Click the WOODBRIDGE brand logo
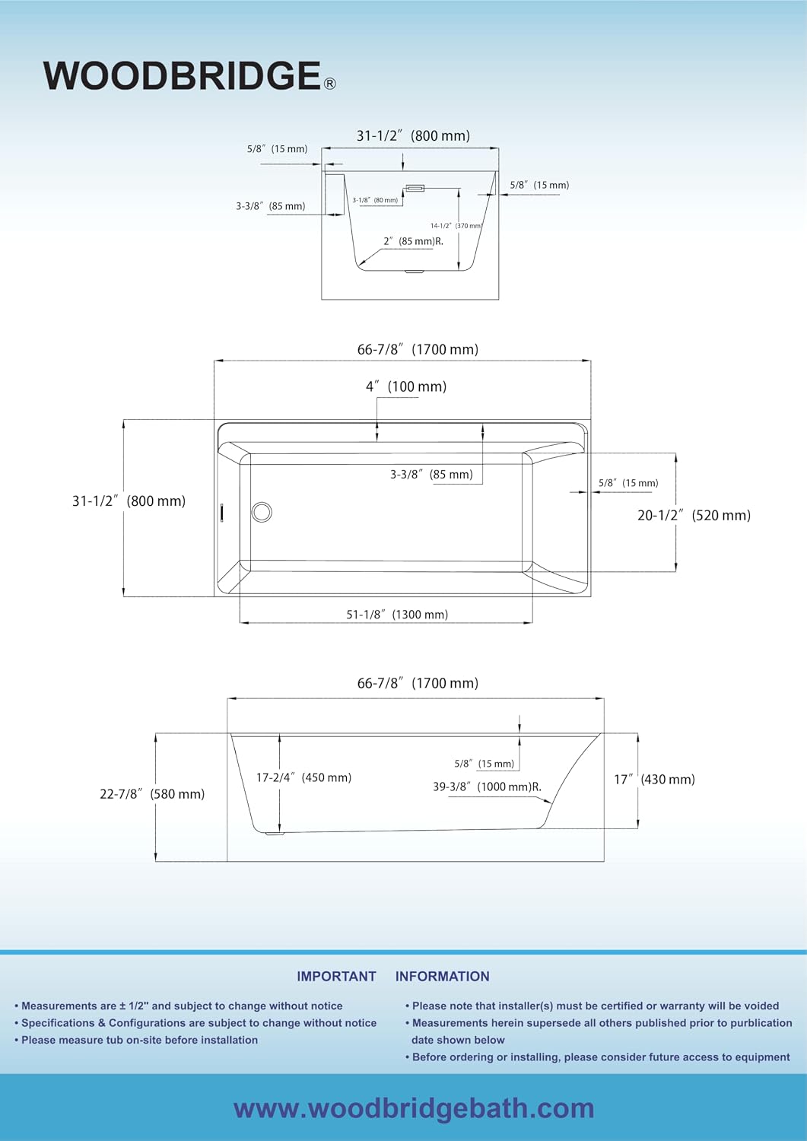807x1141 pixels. click(x=189, y=76)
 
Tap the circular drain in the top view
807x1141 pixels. click(x=262, y=512)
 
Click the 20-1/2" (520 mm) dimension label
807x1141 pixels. click(x=694, y=516)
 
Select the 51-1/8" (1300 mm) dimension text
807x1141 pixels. click(x=397, y=615)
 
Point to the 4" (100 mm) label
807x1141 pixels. click(x=406, y=386)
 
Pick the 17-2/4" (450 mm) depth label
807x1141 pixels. click(x=303, y=777)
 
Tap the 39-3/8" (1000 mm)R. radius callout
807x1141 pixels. click(x=487, y=787)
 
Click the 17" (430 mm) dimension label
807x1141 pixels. click(x=654, y=780)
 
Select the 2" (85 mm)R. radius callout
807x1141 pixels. click(x=413, y=241)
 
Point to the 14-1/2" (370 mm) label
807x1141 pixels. click(x=456, y=226)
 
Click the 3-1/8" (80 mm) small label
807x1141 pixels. click(x=375, y=200)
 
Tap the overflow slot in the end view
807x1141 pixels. click(x=415, y=189)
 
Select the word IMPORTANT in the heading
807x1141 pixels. click(x=336, y=976)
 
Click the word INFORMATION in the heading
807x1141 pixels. click(x=442, y=976)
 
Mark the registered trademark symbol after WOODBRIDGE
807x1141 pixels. click(x=330, y=84)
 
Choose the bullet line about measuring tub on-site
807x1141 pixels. click(x=136, y=1040)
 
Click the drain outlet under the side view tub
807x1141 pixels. click(x=275, y=834)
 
